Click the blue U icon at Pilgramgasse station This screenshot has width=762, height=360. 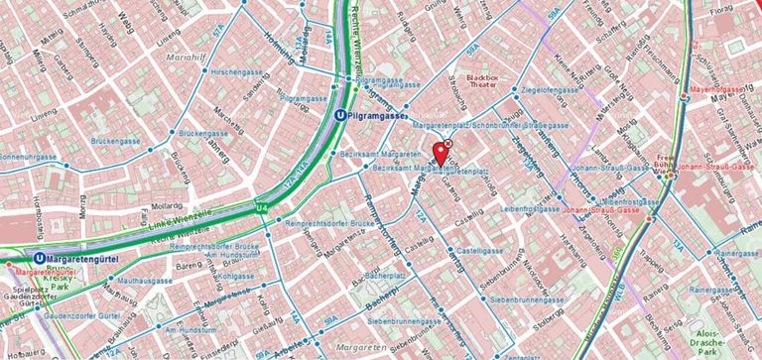click(341, 115)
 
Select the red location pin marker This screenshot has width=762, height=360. click(439, 154)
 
